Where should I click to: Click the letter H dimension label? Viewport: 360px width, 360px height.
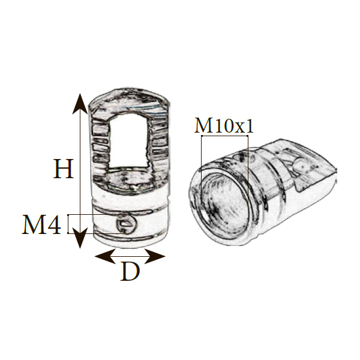click(64, 169)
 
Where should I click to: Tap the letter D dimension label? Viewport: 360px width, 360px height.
click(130, 271)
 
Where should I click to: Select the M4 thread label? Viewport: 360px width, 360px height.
click(41, 224)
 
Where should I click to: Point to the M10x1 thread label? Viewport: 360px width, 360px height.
click(224, 125)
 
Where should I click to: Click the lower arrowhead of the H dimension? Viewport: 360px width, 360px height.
click(80, 238)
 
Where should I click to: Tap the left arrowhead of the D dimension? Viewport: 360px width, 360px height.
click(105, 256)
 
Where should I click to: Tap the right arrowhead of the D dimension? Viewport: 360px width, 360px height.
click(155, 256)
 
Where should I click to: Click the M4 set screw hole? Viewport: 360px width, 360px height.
click(126, 224)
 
